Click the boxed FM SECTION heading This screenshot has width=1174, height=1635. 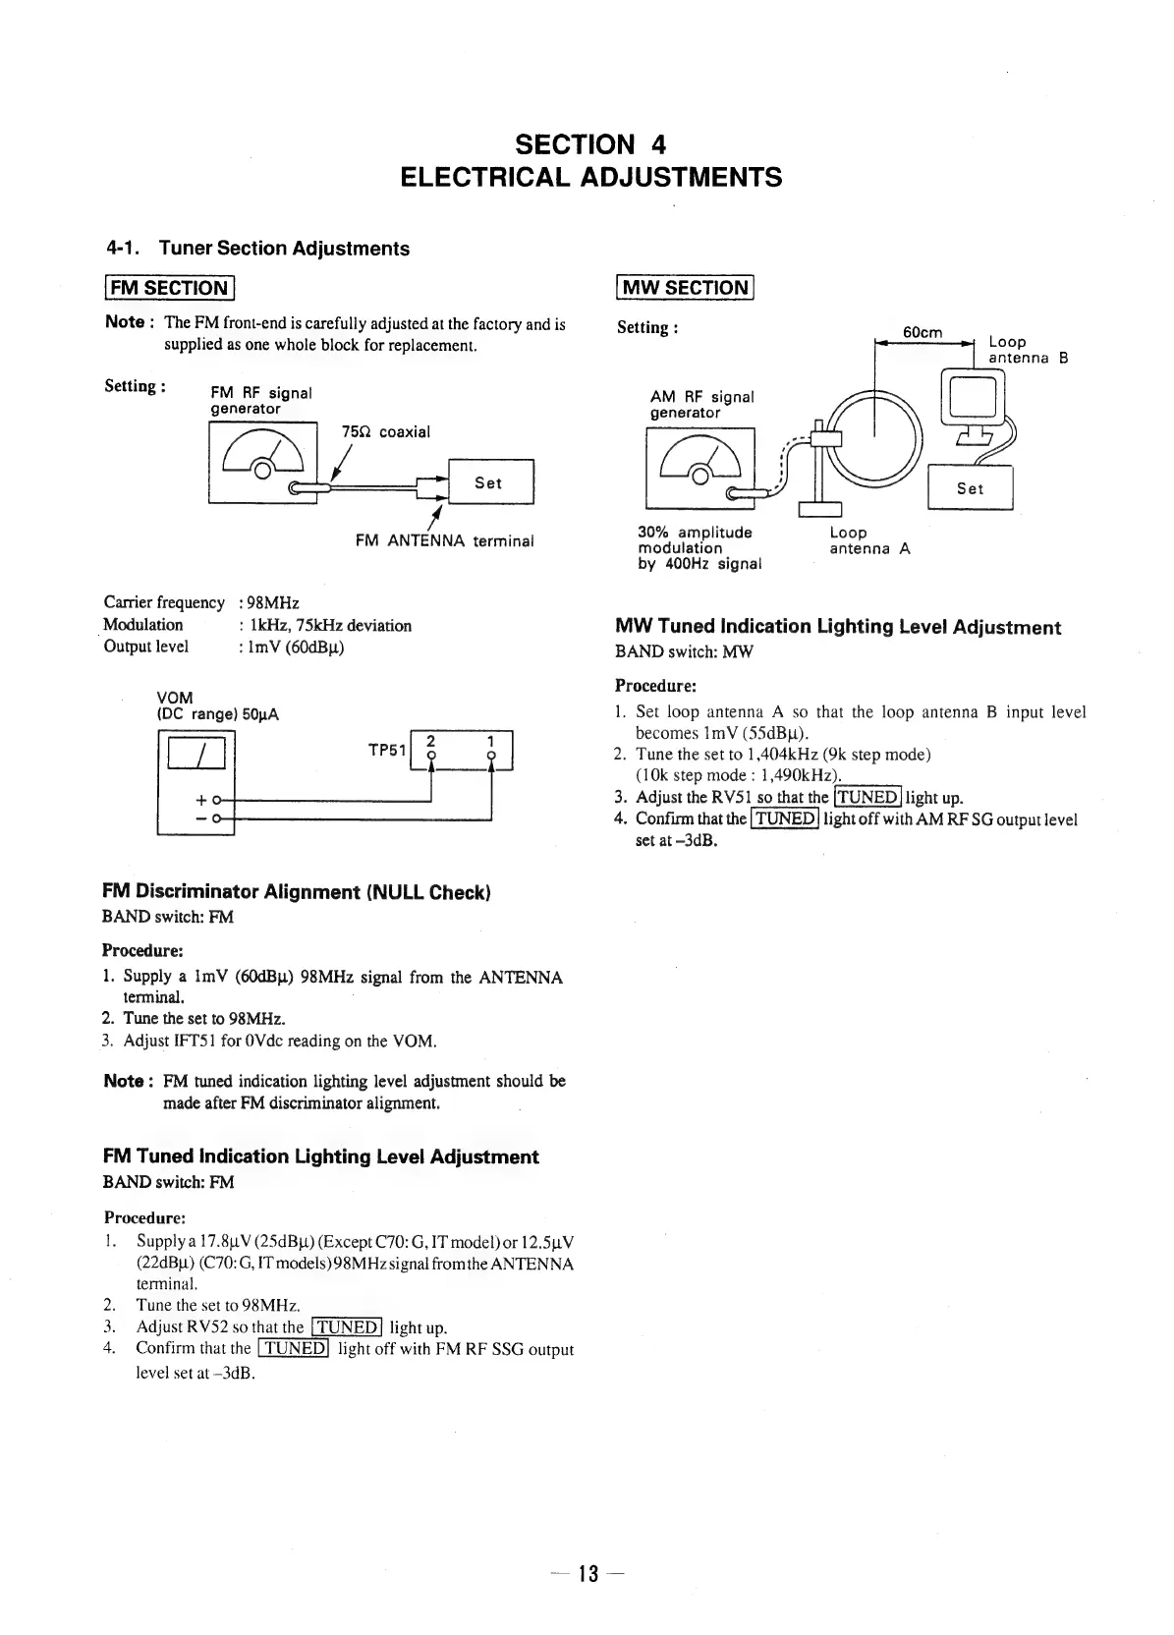coord(169,288)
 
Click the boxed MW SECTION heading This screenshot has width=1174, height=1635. coord(684,288)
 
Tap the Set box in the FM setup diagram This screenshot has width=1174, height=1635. coord(488,482)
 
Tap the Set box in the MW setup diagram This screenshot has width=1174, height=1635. coord(970,488)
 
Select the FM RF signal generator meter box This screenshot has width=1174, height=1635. coord(262,463)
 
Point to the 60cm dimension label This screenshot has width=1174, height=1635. coord(922,332)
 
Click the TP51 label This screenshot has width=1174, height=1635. coord(386,750)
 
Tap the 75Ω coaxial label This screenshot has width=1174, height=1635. coord(386,432)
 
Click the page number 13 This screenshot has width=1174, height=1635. coord(587,1573)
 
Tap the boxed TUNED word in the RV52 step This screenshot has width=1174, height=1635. coord(346,1327)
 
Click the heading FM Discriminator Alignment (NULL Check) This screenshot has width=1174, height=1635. coord(296,892)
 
